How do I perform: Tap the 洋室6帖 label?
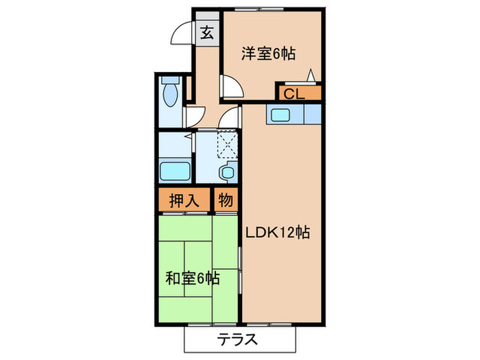(268, 53)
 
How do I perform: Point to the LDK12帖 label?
(278, 233)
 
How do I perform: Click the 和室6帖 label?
(193, 278)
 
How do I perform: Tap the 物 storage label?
(226, 201)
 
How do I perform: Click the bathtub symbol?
(176, 170)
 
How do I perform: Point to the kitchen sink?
(282, 115)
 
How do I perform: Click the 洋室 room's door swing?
(231, 85)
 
